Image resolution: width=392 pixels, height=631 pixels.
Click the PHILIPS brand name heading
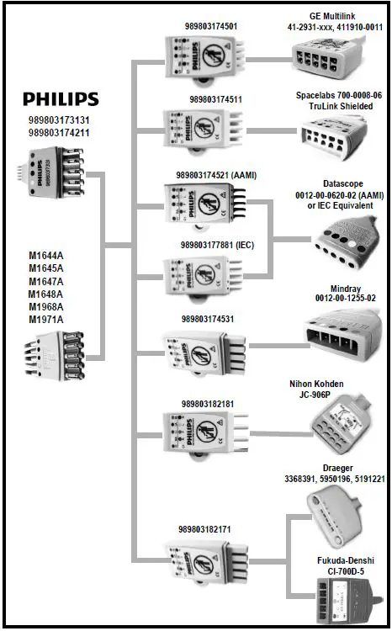(60, 99)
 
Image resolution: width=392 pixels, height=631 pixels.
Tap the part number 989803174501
(210, 26)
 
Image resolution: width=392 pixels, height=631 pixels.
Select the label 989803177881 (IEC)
(216, 245)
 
